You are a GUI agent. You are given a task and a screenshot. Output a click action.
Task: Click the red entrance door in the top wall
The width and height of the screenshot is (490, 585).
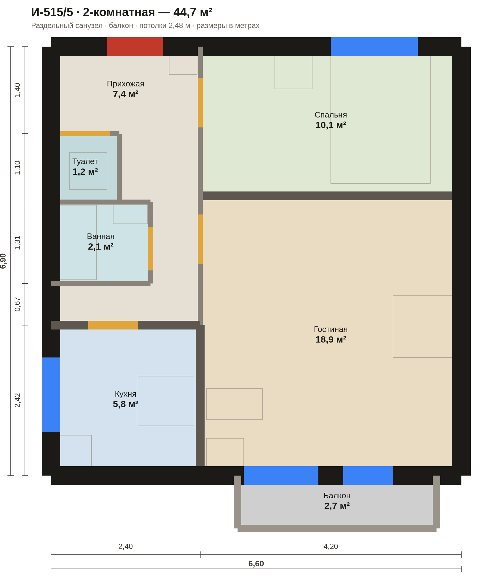point(135,47)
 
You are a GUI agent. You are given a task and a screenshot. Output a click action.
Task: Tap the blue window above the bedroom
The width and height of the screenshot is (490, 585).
point(374,47)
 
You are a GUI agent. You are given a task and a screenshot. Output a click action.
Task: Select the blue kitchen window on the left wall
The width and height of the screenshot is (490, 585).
point(51,395)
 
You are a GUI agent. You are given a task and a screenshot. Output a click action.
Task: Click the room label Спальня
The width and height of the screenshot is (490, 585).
point(331,115)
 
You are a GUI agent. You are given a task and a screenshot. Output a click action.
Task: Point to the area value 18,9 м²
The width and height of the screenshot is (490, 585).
point(331,339)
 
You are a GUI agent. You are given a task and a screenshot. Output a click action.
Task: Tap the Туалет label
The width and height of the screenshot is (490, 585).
point(85,162)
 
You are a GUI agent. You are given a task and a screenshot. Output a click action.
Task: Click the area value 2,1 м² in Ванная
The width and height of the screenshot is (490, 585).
point(101,246)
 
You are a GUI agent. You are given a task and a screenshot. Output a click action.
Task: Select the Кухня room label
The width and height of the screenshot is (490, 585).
point(126,394)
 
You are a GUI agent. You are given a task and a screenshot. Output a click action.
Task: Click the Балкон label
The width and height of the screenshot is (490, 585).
point(337,495)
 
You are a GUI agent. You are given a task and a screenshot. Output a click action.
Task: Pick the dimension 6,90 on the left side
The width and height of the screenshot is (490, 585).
point(3,261)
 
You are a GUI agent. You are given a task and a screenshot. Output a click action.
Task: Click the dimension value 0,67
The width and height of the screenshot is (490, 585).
point(17,304)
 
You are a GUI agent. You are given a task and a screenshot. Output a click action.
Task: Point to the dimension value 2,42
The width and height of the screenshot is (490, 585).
point(17,400)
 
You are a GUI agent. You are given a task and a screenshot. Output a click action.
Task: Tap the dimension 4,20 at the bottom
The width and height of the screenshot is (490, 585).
point(331,546)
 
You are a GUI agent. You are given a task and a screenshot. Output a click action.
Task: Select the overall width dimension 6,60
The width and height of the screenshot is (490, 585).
point(256,564)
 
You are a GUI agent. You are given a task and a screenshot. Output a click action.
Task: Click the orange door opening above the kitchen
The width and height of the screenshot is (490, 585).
point(113,325)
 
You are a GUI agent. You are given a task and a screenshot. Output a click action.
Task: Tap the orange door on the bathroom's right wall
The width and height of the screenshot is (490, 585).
point(150,249)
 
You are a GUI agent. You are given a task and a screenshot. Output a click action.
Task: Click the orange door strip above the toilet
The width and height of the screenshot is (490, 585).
point(85,134)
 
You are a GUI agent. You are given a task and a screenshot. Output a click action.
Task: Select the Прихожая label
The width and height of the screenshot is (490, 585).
point(126,84)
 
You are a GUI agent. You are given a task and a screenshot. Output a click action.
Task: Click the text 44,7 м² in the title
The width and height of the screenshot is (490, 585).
point(193,12)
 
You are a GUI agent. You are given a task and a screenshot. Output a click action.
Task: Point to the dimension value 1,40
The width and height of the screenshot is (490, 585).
point(17,90)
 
